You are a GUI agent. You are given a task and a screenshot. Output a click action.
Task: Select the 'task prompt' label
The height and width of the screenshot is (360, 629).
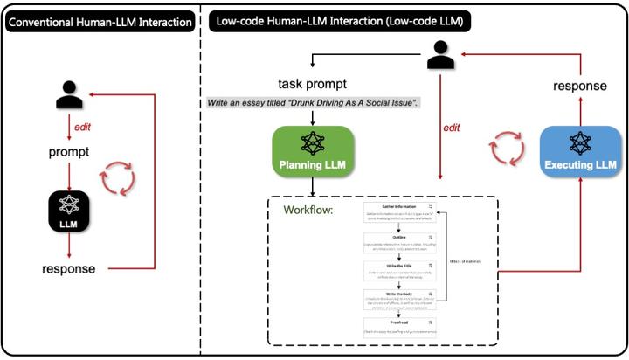(x=313, y=84)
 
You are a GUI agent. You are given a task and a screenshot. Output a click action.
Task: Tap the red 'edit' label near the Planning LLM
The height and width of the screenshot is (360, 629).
(x=452, y=128)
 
